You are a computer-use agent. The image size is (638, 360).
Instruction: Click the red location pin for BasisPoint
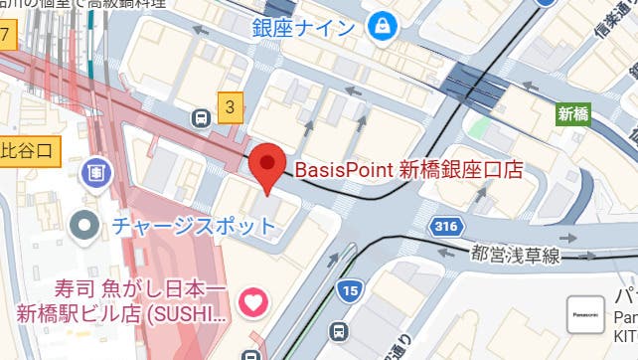[267, 166]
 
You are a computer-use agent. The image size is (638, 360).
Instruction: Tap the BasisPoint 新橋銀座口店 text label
[408, 169]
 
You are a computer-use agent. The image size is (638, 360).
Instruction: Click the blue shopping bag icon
[380, 27]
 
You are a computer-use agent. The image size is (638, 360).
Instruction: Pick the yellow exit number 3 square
[231, 106]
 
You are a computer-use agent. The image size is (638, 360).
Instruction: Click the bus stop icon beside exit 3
[202, 118]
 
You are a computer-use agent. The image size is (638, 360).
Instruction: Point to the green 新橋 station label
[572, 113]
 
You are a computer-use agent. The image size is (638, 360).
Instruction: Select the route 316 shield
[446, 227]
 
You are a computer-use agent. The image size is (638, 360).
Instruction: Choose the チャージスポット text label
[194, 224]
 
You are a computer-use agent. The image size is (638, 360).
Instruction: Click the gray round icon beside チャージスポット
[86, 224]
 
